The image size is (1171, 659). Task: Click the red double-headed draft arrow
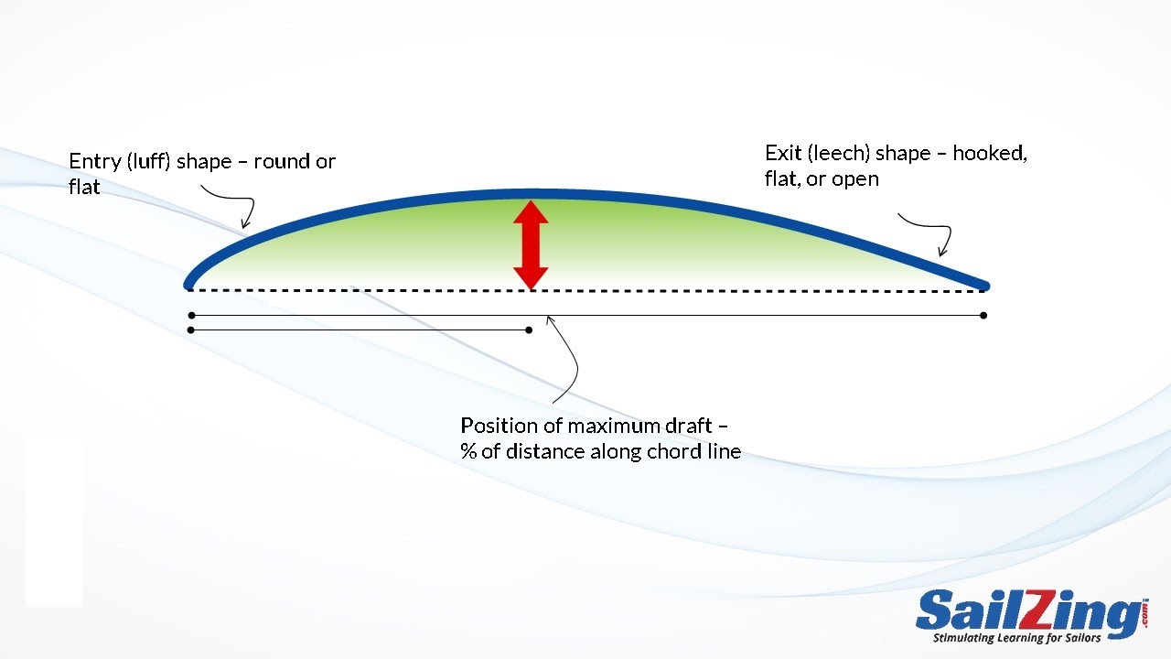(x=531, y=245)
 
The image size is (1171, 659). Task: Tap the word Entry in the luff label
(x=94, y=162)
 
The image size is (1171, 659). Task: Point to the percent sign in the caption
(x=467, y=451)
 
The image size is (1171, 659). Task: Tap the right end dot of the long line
(x=983, y=316)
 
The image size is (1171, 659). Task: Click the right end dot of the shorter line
(x=529, y=330)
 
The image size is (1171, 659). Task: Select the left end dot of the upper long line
(x=192, y=316)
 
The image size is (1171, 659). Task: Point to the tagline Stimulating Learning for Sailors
(x=1016, y=638)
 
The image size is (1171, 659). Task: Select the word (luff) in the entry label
(x=148, y=162)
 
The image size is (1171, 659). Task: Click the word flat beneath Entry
(x=84, y=187)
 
